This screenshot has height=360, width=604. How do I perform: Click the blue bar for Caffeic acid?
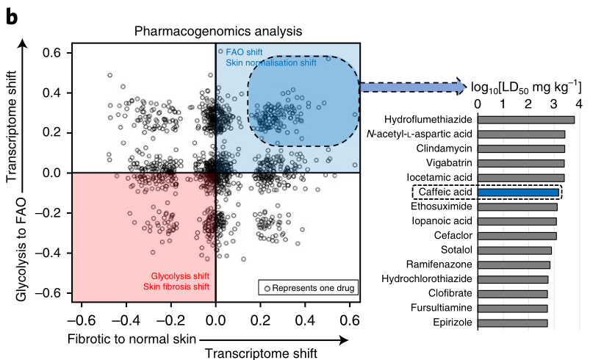pyautogui.click(x=518, y=192)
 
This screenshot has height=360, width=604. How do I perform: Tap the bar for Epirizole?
pyautogui.click(x=512, y=323)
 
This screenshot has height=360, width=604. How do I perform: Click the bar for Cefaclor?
pyautogui.click(x=517, y=236)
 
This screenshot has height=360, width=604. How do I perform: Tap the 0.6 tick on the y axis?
pyautogui.click(x=51, y=53)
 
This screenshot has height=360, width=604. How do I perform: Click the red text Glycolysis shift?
pyautogui.click(x=175, y=276)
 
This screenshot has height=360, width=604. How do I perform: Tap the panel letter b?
pyautogui.click(x=12, y=17)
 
